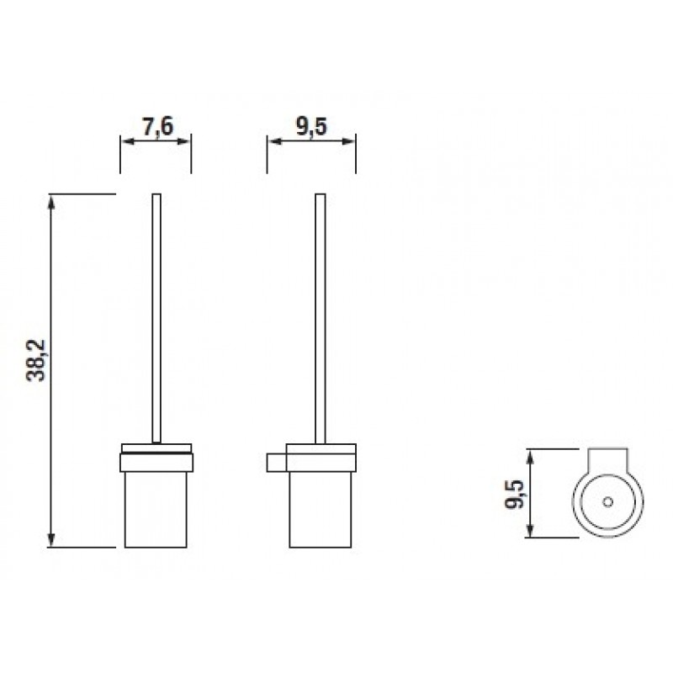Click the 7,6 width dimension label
coord(157,126)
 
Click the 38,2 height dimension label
coord(35,361)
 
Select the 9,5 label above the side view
coord(311,126)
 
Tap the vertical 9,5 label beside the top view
coord(514,494)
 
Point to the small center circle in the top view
coord(607,501)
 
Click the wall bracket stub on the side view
coord(277,462)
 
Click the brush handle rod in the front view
coord(156,318)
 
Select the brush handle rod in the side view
coord(321,318)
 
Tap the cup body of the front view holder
coord(156,510)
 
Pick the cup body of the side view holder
coord(321,510)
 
